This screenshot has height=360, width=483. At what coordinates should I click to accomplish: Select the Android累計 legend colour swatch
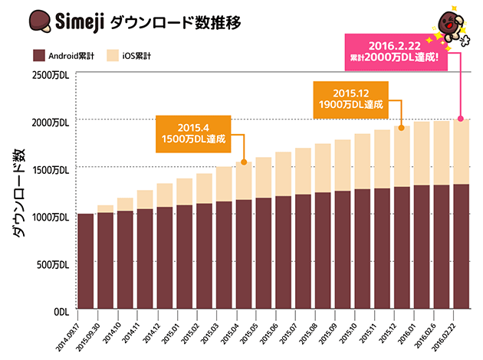click(x=39, y=55)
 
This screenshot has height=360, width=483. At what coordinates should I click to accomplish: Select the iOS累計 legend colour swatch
click(x=113, y=55)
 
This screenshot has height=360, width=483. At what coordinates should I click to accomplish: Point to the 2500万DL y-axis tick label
click(x=51, y=74)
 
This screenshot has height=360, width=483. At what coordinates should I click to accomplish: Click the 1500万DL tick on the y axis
click(x=51, y=169)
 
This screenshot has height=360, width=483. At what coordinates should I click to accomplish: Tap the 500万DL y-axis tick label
click(x=54, y=264)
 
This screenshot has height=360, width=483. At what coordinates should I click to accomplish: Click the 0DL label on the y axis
click(x=61, y=312)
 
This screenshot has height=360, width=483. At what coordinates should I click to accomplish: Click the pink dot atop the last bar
click(x=461, y=119)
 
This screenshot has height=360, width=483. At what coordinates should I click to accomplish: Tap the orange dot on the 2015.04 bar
click(x=244, y=162)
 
